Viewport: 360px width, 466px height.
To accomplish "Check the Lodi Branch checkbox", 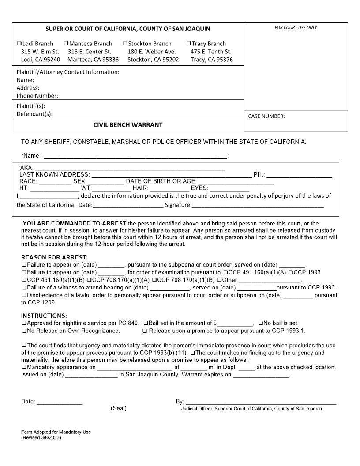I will click(x=19, y=44).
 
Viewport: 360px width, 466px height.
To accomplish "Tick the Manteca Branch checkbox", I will click(x=66, y=44).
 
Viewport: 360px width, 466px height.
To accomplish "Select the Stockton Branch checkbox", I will click(x=125, y=44).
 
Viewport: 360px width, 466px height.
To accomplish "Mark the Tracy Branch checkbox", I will click(x=189, y=44).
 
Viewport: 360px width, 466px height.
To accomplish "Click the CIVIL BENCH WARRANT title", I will click(x=128, y=125).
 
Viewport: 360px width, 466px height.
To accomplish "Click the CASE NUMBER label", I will click(x=266, y=116).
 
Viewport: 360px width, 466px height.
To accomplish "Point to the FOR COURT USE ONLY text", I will click(x=296, y=28).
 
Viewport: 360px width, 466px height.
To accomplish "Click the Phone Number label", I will click(x=37, y=96).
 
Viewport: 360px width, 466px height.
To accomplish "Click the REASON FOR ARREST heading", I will click(x=54, y=257).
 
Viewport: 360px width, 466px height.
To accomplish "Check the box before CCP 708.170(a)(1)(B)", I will click(x=154, y=280).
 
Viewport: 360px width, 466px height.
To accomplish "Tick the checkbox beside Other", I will click(x=219, y=280).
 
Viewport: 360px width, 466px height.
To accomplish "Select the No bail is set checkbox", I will click(x=261, y=323).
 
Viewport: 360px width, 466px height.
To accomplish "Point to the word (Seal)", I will click(x=118, y=408).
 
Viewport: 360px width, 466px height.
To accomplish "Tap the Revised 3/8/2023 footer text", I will click(x=41, y=438).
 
